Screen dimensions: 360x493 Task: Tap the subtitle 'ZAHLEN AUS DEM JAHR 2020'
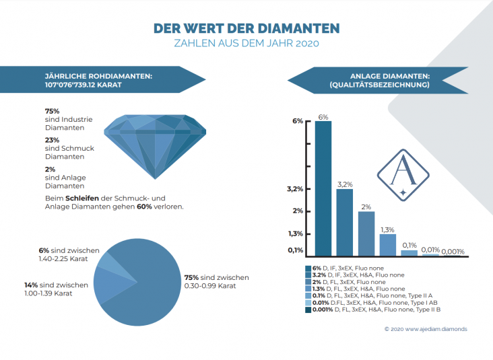[x=246, y=44]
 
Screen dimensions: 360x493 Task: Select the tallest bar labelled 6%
[x=323, y=188]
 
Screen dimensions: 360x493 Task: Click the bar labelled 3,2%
[x=344, y=222]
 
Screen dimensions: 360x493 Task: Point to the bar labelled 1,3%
[x=387, y=244]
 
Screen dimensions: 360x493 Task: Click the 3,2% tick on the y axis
[x=295, y=190]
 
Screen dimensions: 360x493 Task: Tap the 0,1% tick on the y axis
[x=294, y=250]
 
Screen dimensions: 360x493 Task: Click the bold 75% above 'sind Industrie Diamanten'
[x=53, y=110]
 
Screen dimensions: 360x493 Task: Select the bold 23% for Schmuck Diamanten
[x=53, y=139]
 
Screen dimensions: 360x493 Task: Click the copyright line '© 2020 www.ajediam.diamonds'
[x=425, y=329]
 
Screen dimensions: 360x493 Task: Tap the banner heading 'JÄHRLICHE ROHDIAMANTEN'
[x=98, y=76]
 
